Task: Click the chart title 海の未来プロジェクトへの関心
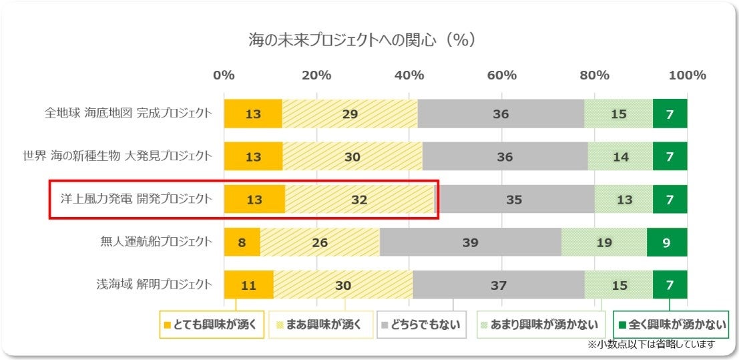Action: pos(362,40)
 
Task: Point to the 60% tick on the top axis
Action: pos(502,75)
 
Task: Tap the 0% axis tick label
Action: pos(224,75)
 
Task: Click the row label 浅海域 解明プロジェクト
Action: pos(154,285)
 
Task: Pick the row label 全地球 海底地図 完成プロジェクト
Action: pos(128,114)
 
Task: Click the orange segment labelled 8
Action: pos(242,242)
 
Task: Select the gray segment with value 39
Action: pos(470,242)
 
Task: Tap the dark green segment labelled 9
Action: pos(666,242)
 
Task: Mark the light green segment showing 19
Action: pos(603,242)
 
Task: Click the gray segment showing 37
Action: pos(499,285)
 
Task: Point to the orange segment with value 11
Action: pos(248,285)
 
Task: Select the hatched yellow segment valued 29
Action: pos(350,114)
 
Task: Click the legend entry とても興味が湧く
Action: pos(212,325)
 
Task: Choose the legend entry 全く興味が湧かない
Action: pos(670,325)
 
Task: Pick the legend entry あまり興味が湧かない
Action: pos(539,325)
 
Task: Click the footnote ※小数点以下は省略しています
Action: pos(651,345)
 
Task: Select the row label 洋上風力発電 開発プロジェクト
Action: pos(136,198)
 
